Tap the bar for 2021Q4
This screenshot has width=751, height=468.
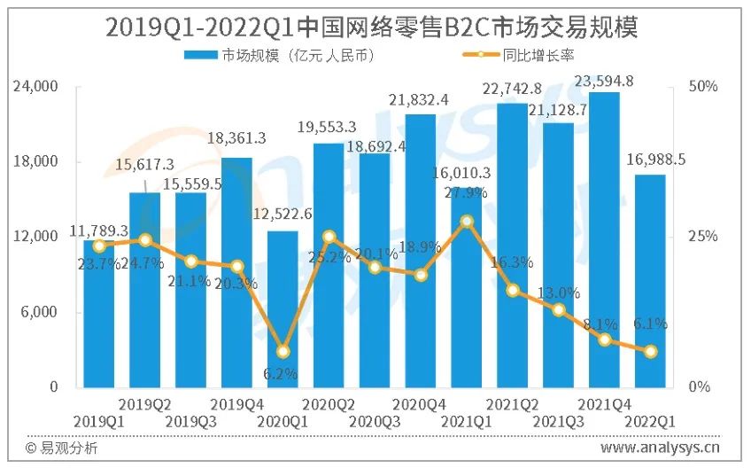[x=604, y=239]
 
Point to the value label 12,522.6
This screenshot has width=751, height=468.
[x=283, y=214]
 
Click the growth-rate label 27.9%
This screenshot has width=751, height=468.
[x=467, y=193]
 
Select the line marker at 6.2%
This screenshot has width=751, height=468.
[x=283, y=351]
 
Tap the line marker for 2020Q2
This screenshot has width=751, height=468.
[x=329, y=237]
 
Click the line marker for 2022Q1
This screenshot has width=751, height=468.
[x=650, y=351]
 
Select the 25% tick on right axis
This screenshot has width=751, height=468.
[x=703, y=237]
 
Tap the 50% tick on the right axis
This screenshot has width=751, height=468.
[x=703, y=86]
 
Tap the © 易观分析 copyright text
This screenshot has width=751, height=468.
[x=61, y=448]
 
